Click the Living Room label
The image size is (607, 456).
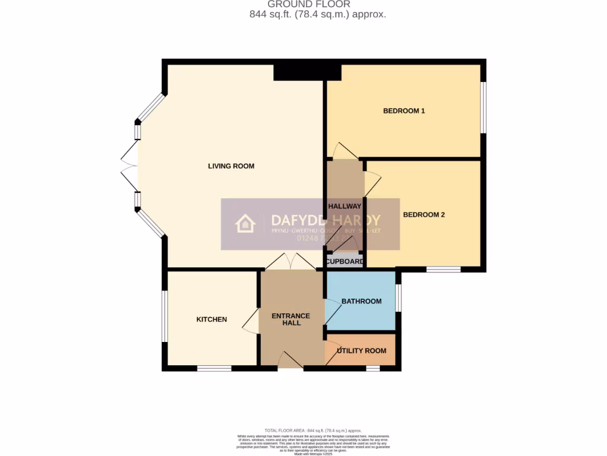coord(231,166)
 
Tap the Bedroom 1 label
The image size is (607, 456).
coord(404,111)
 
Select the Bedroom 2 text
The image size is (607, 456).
coord(424,215)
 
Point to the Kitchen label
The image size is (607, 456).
coord(212,319)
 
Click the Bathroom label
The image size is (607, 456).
coord(362,302)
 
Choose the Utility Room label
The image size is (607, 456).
coord(362,351)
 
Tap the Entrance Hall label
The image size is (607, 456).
coord(290,319)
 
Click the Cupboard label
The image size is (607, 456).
coord(344,262)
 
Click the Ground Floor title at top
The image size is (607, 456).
coord(304,4)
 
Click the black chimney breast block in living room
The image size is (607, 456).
coord(307,72)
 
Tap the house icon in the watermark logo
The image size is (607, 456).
coord(245,224)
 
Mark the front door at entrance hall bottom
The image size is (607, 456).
coord(290,361)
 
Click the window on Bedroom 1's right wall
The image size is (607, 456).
coord(484,107)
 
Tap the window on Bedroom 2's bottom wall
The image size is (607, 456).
coord(443,270)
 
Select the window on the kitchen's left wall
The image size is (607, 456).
coord(165,316)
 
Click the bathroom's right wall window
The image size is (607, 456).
coord(398,298)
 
